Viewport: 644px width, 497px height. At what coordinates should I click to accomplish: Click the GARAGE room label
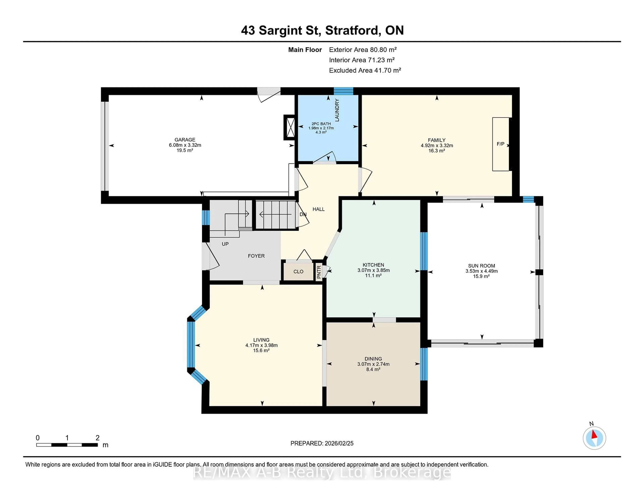pos(185,139)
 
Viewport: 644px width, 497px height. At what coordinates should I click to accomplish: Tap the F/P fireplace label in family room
pos(500,144)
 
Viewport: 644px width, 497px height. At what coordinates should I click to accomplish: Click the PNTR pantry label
pos(319,272)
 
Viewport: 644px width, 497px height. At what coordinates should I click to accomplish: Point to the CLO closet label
pos(298,271)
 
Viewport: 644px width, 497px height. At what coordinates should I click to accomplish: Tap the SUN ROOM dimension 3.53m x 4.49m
pos(481,271)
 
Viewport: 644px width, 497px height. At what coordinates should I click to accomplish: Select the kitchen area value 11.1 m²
pos(373,275)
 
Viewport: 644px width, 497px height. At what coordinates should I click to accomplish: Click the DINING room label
pos(373,359)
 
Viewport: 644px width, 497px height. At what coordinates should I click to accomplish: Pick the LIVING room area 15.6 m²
pos(261,350)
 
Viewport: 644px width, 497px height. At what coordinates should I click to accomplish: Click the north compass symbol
pos(594,438)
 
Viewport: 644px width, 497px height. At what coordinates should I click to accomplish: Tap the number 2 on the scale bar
pos(98,438)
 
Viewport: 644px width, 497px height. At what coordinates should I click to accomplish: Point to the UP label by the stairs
pos(225,244)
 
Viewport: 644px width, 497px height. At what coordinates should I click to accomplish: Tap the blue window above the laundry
pos(343,91)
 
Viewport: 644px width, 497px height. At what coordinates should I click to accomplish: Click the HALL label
pos(318,209)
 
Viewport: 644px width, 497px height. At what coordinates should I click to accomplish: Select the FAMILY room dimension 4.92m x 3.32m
pos(437,146)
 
